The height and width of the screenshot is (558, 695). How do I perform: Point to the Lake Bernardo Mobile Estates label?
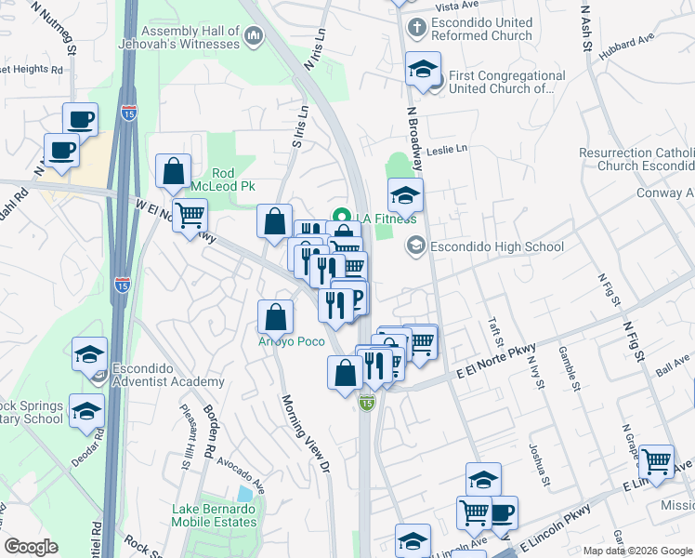pyautogui.click(x=215, y=515)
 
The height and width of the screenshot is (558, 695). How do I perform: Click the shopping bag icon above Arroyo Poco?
pyautogui.click(x=276, y=317)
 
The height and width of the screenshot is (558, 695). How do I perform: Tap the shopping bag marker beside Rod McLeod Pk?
pyautogui.click(x=174, y=171)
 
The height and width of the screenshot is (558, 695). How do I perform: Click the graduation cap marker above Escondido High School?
pyautogui.click(x=405, y=194)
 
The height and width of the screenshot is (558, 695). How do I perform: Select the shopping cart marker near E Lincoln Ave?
pyautogui.click(x=656, y=461)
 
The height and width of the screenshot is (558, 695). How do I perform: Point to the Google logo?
pyautogui.click(x=32, y=547)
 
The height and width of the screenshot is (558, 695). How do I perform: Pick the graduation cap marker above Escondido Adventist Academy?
pyautogui.click(x=89, y=353)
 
